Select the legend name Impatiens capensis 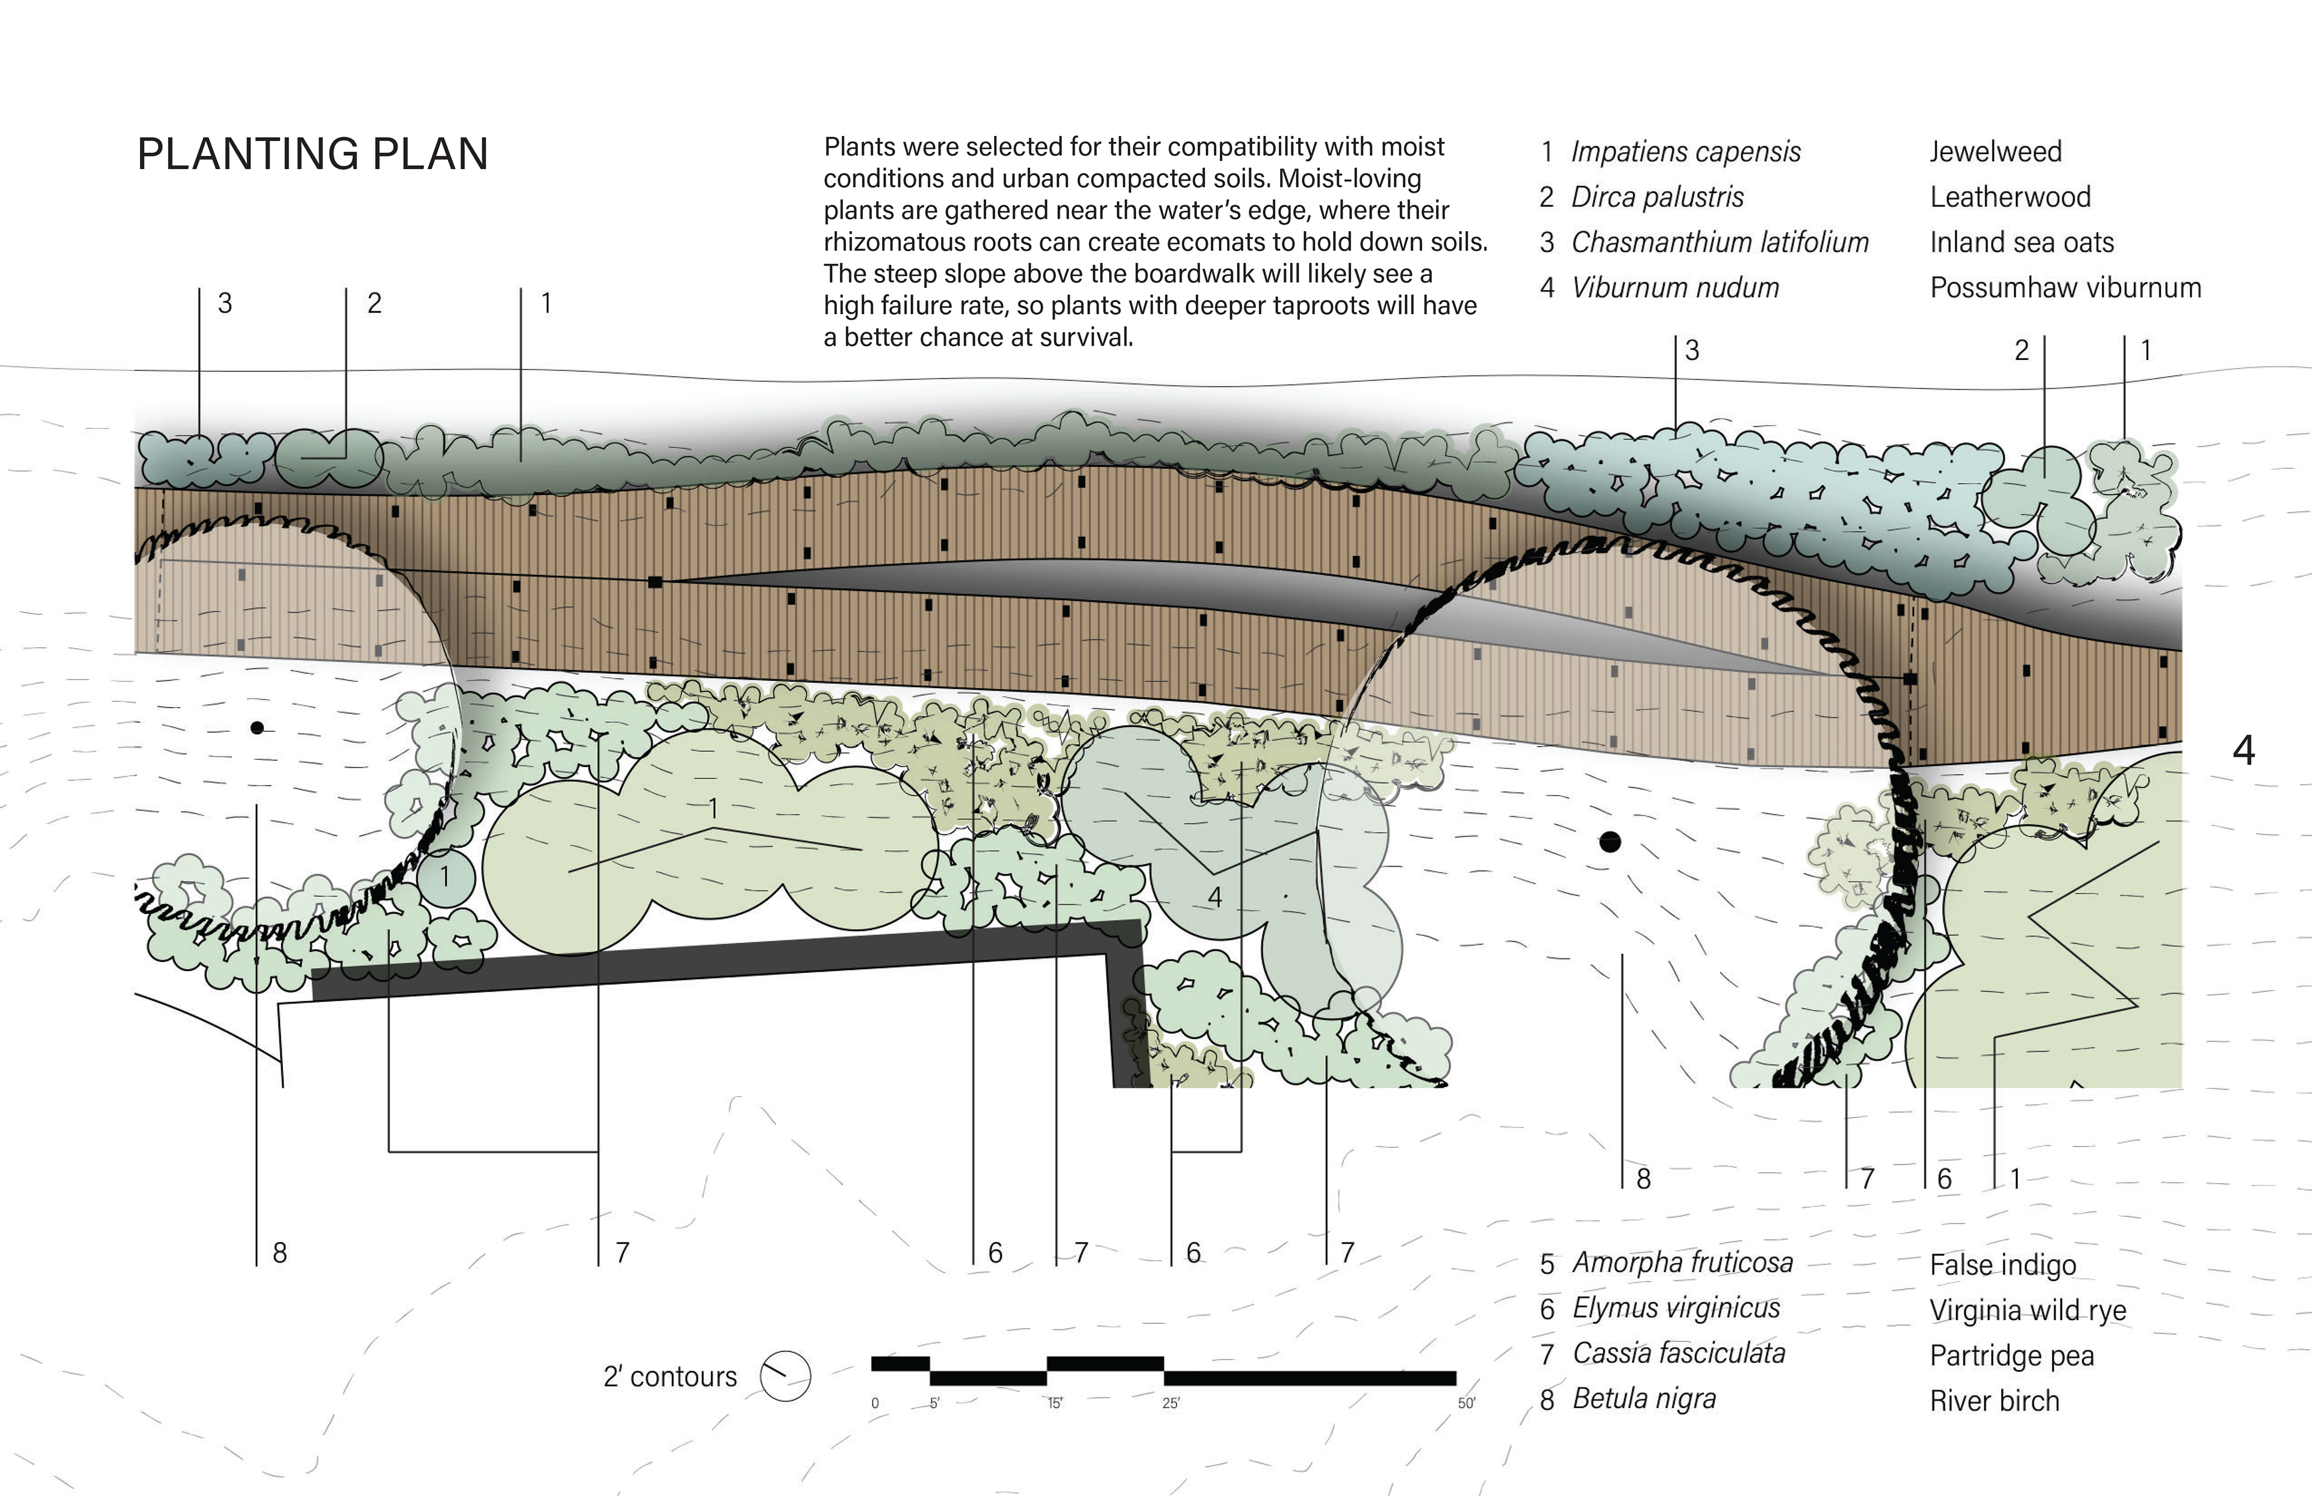point(1685,152)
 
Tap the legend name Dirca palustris point(1658,197)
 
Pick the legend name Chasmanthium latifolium point(1720,242)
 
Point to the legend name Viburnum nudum point(1675,288)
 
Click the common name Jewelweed point(1995,152)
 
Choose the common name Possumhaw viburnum point(2065,288)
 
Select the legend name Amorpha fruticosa point(1682,1263)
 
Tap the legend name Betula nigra point(1644,1399)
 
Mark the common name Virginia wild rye point(2027,1311)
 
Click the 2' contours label point(670,1377)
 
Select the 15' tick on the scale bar point(1055,1403)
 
